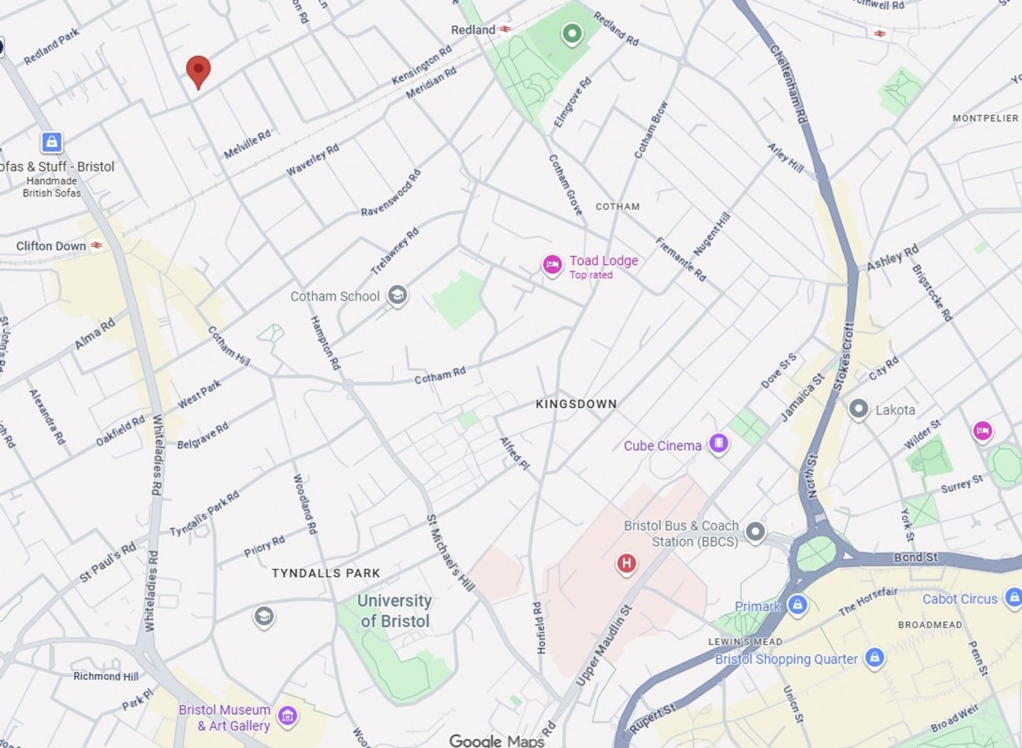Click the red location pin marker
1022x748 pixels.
click(x=198, y=71)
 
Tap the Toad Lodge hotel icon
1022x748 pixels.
click(x=552, y=265)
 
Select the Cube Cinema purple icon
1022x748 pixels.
click(x=718, y=444)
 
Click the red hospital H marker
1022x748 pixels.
click(x=626, y=563)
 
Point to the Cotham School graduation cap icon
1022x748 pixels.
click(x=397, y=297)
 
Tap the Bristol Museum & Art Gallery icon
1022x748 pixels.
click(x=288, y=716)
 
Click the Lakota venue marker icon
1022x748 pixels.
click(x=859, y=410)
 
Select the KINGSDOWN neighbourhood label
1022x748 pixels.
click(x=576, y=404)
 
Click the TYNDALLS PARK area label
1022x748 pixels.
click(x=326, y=574)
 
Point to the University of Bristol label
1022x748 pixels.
click(x=394, y=611)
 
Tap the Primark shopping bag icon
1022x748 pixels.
click(x=797, y=605)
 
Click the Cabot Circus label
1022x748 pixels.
click(x=960, y=599)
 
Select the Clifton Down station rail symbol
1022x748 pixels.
click(x=96, y=245)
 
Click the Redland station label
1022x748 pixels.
click(x=473, y=29)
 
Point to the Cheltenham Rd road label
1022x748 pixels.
click(x=789, y=83)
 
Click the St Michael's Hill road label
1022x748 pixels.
click(x=450, y=553)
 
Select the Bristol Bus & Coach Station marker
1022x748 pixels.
click(x=755, y=532)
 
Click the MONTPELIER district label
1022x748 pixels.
click(x=985, y=118)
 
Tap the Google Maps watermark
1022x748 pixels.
click(x=497, y=740)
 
